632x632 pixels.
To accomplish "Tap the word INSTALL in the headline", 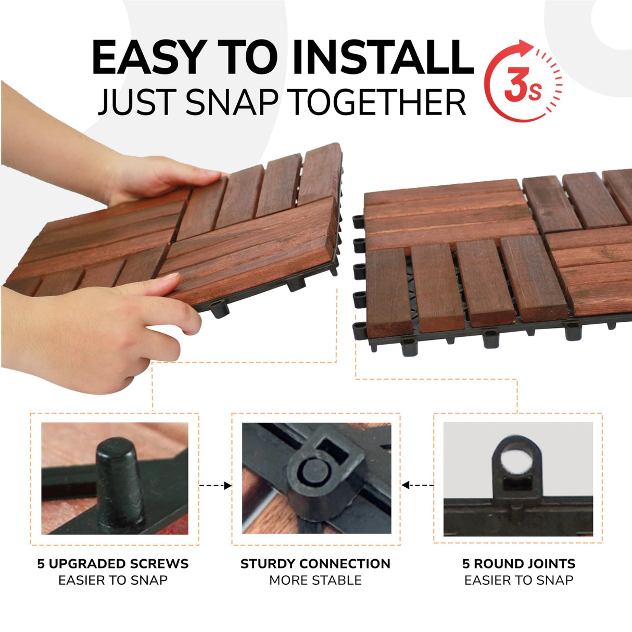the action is click(x=383, y=57).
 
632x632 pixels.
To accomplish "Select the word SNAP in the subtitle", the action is click(x=232, y=102).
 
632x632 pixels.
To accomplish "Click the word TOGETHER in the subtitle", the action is click(x=378, y=102).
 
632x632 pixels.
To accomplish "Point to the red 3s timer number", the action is click(x=522, y=86).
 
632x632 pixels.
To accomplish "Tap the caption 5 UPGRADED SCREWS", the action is click(x=113, y=564).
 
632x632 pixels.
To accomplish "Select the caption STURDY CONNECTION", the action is click(x=315, y=564).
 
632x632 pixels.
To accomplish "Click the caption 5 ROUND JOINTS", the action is click(x=519, y=564).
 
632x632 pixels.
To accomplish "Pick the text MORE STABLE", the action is click(x=315, y=580).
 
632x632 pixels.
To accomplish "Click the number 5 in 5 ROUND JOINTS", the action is click(x=466, y=564).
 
